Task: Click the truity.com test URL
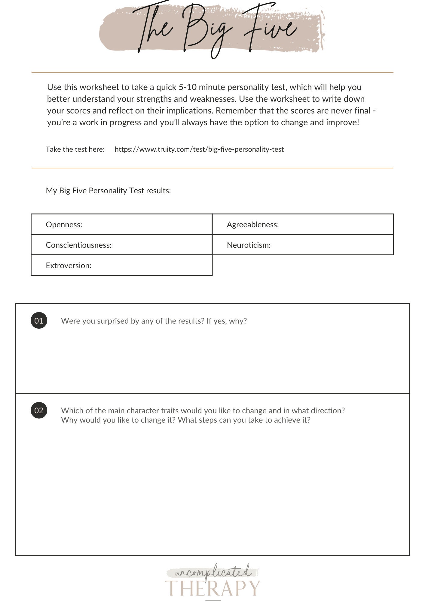199,149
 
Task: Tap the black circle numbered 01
39,321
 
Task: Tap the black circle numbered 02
39,410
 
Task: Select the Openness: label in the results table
64,225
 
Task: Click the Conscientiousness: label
78,245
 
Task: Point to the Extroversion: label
69,265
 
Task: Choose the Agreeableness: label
253,225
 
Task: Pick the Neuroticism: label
249,245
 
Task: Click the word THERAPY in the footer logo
212,588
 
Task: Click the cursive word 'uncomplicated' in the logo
212,571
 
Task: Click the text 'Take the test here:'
75,149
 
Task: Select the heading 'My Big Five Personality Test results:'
108,191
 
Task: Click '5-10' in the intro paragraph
187,87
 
